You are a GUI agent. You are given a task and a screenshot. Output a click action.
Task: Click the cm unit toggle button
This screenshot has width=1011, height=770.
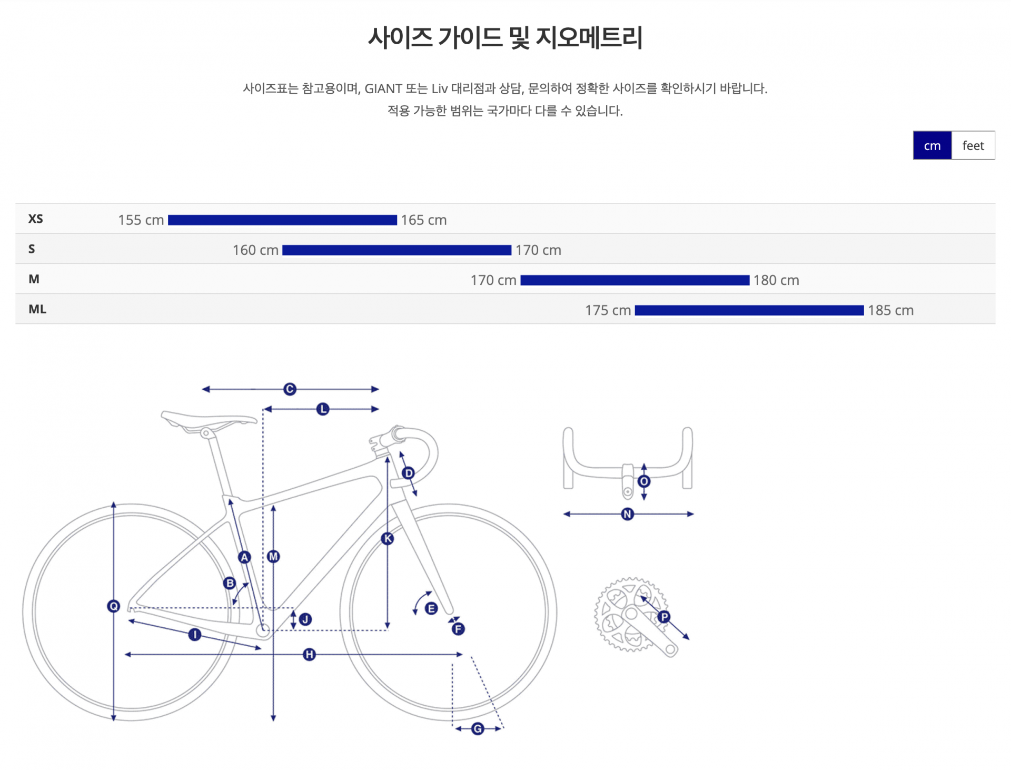932,145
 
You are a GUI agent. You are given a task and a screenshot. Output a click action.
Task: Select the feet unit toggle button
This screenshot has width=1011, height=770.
973,145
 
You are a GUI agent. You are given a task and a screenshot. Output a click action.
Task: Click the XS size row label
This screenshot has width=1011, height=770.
36,219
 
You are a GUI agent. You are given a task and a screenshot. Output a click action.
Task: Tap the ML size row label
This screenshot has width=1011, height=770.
37,309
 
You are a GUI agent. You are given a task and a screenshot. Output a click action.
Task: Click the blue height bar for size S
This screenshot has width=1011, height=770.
397,250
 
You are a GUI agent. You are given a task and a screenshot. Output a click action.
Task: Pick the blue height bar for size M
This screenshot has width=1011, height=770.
635,280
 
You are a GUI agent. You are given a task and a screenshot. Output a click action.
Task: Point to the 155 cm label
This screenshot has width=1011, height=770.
141,220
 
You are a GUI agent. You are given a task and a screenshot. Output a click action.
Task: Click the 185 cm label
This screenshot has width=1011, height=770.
890,310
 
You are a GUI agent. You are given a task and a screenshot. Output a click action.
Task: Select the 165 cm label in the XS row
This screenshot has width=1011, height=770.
423,220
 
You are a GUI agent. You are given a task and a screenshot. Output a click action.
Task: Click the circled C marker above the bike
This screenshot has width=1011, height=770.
290,389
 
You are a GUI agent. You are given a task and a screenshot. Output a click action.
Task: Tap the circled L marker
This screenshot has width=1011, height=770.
323,409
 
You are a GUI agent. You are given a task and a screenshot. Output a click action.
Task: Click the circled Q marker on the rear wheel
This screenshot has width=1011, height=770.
113,606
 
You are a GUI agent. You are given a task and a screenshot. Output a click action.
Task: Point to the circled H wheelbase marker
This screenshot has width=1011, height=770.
309,654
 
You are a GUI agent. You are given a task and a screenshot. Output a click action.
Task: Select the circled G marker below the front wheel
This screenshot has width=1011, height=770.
478,728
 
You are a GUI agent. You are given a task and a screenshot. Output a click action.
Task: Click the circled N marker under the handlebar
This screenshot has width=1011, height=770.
627,514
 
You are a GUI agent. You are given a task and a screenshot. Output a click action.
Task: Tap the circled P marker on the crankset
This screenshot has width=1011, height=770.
664,617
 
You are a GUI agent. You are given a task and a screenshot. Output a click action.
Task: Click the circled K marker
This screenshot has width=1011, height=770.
388,538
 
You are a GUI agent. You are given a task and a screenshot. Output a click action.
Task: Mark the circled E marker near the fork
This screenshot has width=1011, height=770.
431,609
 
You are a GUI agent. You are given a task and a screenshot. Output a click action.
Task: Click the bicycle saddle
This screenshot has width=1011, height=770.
208,420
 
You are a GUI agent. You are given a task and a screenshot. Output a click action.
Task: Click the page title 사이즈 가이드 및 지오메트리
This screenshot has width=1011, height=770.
505,38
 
